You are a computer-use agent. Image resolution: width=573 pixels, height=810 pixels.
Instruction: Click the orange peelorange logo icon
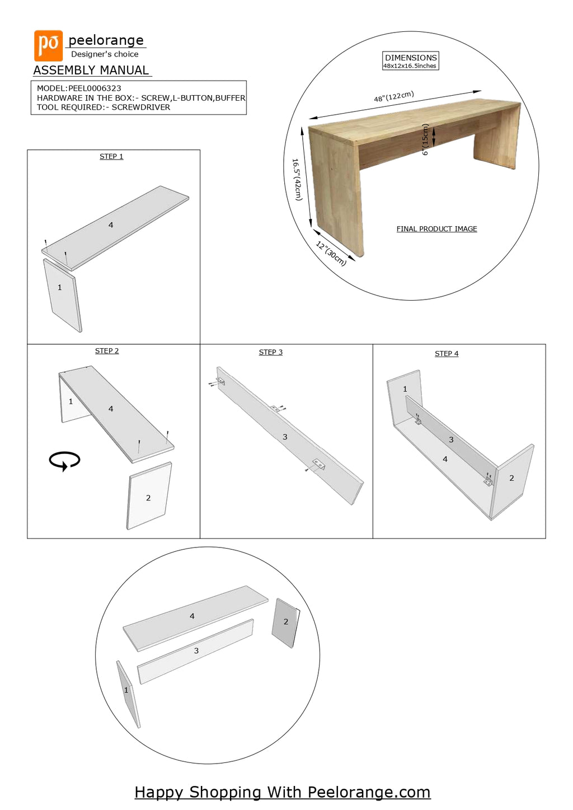(48, 45)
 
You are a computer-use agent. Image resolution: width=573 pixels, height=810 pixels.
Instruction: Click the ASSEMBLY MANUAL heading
(91, 71)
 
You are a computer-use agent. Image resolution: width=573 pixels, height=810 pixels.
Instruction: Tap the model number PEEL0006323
(95, 88)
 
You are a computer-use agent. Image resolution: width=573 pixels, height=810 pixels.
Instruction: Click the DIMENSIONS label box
(410, 61)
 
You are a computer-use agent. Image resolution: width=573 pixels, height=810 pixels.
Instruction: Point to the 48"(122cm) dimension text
(394, 97)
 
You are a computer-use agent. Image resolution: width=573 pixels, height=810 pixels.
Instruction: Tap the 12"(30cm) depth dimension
(331, 254)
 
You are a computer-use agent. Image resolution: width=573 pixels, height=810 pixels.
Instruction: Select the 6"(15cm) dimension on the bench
(425, 139)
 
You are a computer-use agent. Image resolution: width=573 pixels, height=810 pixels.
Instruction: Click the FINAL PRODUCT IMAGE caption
(436, 229)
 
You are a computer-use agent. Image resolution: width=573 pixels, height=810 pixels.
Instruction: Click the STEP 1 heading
(111, 157)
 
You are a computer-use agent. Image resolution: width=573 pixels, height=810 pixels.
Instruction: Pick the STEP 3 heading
(270, 353)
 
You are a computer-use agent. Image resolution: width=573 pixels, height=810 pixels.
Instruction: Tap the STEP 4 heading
(447, 354)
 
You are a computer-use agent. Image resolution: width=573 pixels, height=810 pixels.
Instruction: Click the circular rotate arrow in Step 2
(64, 461)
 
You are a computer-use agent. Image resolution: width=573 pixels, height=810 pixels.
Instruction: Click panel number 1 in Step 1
(60, 288)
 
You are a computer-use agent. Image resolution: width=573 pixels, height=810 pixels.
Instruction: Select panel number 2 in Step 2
(148, 498)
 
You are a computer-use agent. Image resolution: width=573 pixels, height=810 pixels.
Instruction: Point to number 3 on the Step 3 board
(285, 437)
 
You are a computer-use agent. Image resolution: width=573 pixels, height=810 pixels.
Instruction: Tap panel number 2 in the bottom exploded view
(286, 622)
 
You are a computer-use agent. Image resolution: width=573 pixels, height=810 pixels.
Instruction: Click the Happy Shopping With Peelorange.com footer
(283, 793)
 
